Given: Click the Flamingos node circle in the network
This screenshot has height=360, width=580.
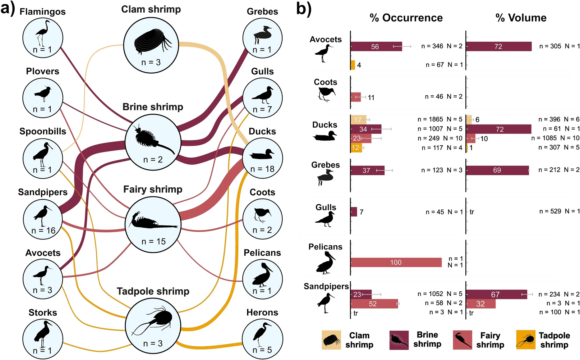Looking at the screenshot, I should [43, 38].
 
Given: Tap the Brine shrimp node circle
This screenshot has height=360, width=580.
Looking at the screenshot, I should [153, 142].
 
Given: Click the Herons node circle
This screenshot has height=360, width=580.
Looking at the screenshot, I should [262, 339].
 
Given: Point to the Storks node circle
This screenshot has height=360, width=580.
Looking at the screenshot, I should [43, 339].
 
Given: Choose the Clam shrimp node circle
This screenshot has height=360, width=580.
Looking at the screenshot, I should [151, 45].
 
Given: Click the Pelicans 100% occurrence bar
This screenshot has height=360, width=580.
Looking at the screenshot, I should [396, 262].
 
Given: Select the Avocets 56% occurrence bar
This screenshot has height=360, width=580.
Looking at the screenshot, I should [376, 47].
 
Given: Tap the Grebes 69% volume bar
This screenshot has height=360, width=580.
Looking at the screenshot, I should [497, 170].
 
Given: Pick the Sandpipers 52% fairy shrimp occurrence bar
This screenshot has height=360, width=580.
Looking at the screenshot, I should [374, 304].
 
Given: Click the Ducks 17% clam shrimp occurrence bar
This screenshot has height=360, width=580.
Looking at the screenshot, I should [358, 120].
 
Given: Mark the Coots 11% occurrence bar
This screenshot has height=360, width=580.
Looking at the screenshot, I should [356, 97].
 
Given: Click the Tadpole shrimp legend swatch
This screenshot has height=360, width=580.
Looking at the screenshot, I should [526, 340].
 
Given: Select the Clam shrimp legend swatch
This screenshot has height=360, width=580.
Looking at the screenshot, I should [331, 340].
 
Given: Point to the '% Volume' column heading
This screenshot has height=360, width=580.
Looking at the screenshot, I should [521, 18].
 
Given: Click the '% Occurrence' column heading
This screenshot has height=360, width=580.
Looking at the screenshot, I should [406, 18].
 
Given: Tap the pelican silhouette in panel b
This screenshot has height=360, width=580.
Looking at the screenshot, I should [326, 263].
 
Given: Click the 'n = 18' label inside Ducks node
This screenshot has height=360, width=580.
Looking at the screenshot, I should [262, 169].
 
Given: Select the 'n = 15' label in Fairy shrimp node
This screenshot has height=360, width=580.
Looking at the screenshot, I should [154, 241].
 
